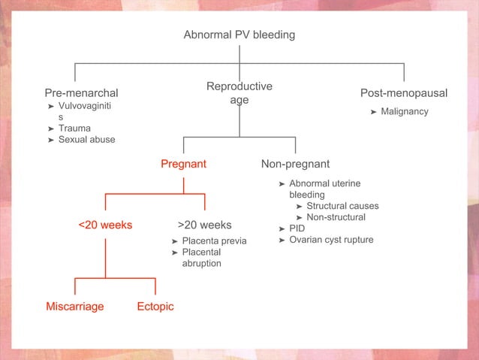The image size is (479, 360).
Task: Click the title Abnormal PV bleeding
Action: tap(239, 35)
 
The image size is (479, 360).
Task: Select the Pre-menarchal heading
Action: tap(81, 93)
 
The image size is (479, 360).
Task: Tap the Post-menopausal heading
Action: tap(404, 93)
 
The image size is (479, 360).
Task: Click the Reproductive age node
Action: tap(239, 93)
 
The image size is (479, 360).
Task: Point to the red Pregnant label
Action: tap(184, 164)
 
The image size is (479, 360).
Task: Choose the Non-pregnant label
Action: tap(295, 164)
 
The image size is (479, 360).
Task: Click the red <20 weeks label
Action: tap(105, 225)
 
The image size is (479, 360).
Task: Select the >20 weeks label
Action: tap(205, 225)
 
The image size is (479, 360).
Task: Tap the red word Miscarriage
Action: tap(75, 307)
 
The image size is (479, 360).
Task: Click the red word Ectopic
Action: tap(155, 307)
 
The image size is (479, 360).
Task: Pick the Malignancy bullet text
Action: tap(405, 112)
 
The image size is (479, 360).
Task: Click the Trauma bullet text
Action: tap(74, 129)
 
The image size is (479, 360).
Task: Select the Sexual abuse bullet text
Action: tap(87, 140)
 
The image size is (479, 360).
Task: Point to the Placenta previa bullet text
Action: tap(214, 241)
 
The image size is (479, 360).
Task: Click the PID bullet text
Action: tap(297, 228)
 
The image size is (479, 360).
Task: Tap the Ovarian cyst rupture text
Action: tap(331, 240)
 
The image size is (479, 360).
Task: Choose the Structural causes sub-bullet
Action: tap(342, 206)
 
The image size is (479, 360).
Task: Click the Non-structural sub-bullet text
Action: tap(336, 217)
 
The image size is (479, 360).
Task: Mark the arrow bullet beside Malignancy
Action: tap(373, 112)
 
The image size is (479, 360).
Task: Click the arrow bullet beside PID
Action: tap(282, 228)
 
